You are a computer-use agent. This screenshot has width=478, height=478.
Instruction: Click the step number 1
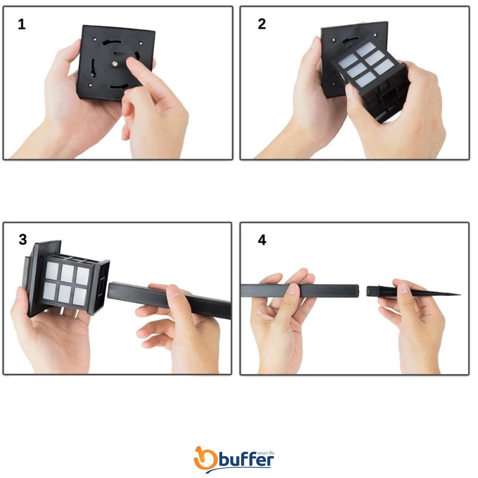(22, 25)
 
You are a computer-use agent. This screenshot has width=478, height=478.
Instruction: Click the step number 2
(262, 24)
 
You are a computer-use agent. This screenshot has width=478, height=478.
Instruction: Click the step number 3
(23, 240)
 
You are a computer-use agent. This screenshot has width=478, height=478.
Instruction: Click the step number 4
(262, 240)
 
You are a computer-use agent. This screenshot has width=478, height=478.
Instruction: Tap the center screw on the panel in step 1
(115, 64)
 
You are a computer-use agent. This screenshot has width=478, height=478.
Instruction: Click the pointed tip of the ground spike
(460, 295)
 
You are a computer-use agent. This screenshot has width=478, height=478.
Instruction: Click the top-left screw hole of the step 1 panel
(95, 39)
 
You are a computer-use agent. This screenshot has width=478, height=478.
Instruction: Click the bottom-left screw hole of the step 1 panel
(90, 85)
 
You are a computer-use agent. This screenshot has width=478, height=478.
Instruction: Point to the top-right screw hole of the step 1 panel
(141, 44)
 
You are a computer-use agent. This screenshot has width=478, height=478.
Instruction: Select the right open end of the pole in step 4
(357, 290)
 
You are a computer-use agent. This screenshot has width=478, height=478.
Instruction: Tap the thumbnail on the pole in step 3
(175, 292)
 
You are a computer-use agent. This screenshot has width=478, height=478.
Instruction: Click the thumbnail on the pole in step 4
(293, 289)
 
